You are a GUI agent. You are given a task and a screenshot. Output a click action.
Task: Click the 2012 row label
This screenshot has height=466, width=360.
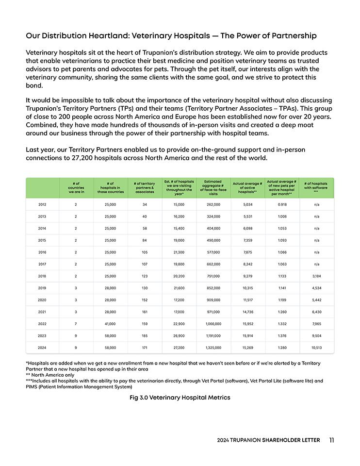coord(42,204)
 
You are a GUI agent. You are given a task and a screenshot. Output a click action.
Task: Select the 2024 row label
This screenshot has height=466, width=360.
coord(42,348)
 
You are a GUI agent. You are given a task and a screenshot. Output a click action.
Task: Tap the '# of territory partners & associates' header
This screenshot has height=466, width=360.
coord(145,187)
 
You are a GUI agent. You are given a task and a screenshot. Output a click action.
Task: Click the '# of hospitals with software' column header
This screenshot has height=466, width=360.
coord(316,187)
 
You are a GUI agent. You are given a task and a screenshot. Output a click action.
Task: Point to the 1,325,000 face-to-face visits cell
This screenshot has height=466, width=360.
coord(213,348)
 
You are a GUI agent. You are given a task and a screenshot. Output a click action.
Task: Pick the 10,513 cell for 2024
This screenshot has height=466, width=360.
coord(316,348)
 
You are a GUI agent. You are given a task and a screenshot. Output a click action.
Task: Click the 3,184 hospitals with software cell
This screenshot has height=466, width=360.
coord(316,276)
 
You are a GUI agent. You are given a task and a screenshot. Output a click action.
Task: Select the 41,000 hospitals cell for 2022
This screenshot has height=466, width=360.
coord(110,324)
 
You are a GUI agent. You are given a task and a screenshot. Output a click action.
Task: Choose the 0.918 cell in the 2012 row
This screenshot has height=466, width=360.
coord(282,204)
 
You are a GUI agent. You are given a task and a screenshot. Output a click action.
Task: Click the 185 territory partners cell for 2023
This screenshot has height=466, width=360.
coord(145,335)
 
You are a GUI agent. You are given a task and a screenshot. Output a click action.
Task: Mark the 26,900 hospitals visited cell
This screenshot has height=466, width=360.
coord(179,335)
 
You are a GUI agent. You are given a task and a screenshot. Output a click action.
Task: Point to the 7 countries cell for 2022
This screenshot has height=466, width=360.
coord(76,324)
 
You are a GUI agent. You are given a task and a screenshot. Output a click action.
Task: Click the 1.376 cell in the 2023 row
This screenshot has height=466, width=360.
coord(282,335)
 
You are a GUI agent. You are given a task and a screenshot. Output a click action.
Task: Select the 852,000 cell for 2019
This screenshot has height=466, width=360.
coord(213,288)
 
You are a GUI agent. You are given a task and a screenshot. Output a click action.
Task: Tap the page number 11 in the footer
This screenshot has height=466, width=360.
coord(331,440)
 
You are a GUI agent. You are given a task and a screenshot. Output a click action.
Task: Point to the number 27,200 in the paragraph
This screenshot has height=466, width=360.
coord(78,158)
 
